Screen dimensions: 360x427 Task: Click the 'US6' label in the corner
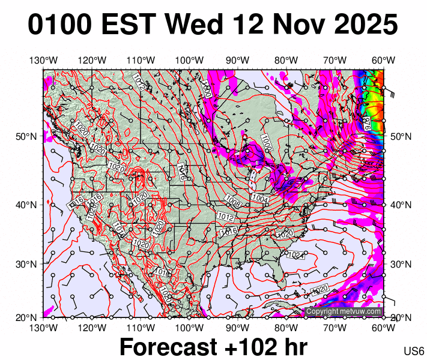click(414, 351)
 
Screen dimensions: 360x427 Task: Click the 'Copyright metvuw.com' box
click(344, 311)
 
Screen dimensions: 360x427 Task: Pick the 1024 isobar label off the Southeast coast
click(294, 255)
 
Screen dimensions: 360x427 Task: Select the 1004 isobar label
click(260, 199)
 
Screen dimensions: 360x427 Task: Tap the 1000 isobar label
click(266, 143)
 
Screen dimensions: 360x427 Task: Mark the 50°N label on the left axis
click(25, 137)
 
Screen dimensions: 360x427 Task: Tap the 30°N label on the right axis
click(401, 264)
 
